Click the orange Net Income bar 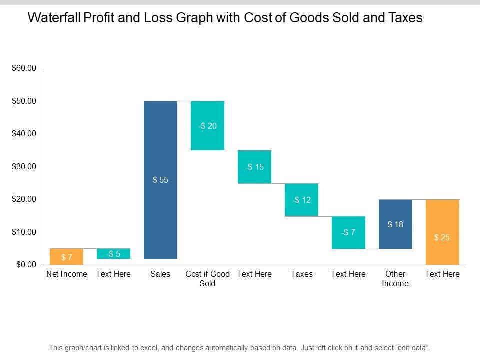click(67, 256)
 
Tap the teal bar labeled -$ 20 click(207, 126)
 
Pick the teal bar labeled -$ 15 click(254, 167)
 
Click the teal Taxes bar click(301, 200)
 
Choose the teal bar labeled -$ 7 click(348, 232)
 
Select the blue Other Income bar click(395, 224)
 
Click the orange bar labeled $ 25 click(442, 232)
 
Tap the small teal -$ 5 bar click(113, 254)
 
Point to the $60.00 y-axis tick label click(24, 68)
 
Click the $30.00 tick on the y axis click(24, 166)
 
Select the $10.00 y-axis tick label click(24, 232)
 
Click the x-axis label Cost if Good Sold click(207, 279)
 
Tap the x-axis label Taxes click(301, 274)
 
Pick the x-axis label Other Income click(395, 279)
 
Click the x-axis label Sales click(160, 274)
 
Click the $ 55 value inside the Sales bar click(160, 180)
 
